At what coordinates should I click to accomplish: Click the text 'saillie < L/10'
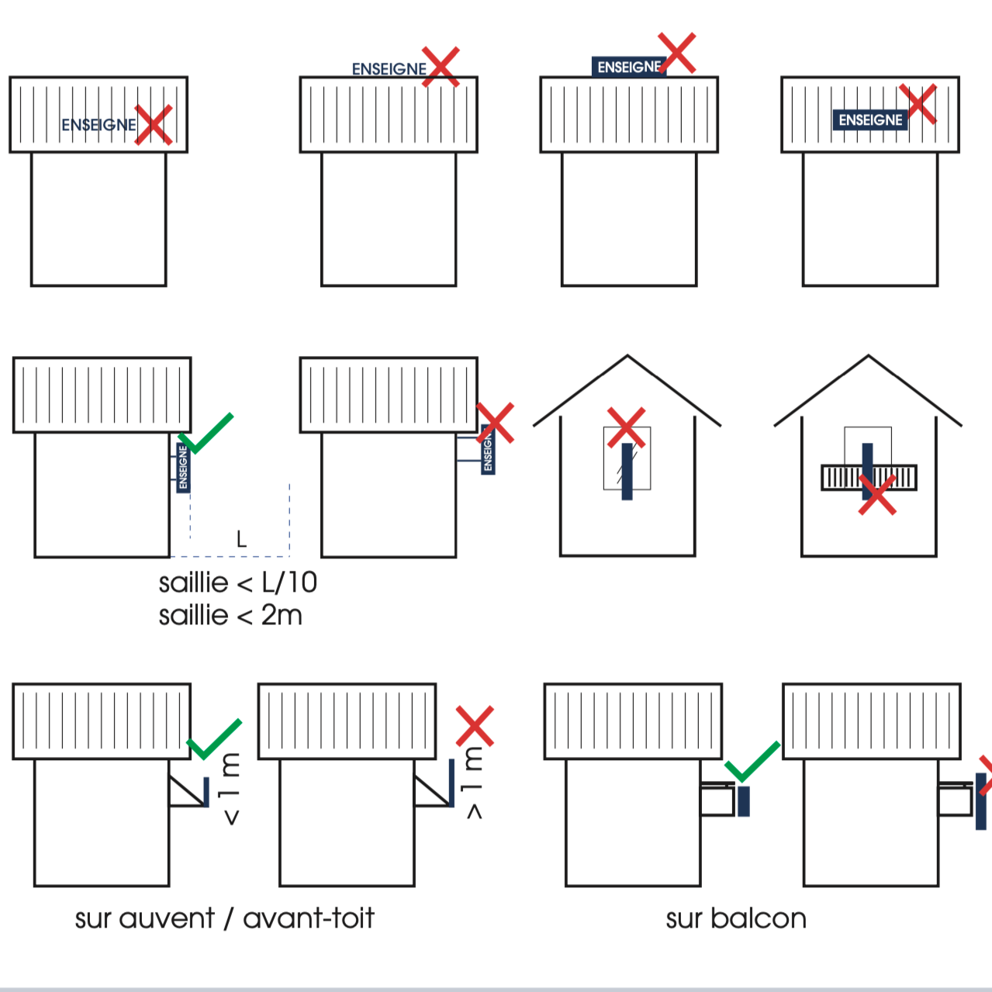(x=237, y=582)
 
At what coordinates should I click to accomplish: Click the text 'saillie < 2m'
(x=230, y=616)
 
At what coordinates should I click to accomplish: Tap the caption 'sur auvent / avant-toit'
(x=224, y=918)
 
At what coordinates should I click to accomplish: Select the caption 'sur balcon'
(x=736, y=918)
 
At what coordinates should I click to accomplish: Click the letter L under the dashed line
(x=241, y=539)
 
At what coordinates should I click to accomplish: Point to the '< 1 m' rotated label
(x=230, y=788)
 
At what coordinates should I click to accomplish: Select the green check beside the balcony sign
(x=752, y=761)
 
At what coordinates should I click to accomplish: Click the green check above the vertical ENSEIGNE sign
(x=204, y=433)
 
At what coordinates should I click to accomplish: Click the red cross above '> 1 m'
(x=475, y=726)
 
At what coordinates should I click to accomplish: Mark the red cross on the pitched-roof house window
(x=626, y=427)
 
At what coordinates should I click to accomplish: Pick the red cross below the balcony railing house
(x=877, y=495)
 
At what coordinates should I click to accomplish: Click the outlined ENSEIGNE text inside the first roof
(x=99, y=125)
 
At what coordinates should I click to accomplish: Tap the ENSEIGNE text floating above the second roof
(x=389, y=69)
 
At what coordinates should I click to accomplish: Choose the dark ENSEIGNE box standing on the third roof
(x=628, y=67)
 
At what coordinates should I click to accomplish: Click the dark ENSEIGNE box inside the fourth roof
(x=870, y=120)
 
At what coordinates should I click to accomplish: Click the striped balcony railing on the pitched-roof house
(x=869, y=477)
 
